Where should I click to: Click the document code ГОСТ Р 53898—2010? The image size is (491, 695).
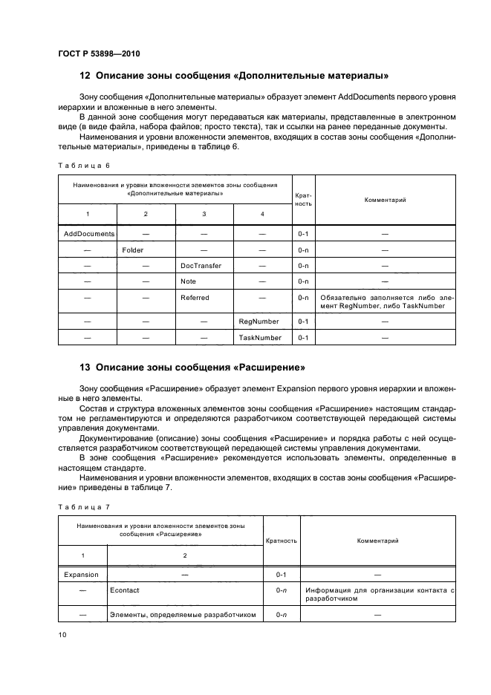99,54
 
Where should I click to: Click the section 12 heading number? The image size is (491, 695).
84,76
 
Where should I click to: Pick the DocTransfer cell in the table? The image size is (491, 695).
201,266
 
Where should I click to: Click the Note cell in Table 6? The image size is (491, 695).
188,281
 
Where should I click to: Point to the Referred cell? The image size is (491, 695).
195,298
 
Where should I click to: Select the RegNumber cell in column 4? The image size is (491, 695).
258,322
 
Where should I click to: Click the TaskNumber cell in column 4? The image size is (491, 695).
260,338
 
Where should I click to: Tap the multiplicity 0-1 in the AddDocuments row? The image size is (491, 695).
303,233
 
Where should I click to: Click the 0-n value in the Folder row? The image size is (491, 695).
303,250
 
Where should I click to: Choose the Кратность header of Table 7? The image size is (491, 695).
281,541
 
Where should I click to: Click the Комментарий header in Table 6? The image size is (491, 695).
385,200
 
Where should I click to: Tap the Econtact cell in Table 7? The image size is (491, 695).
124,591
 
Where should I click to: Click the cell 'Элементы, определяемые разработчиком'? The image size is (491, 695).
182,615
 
